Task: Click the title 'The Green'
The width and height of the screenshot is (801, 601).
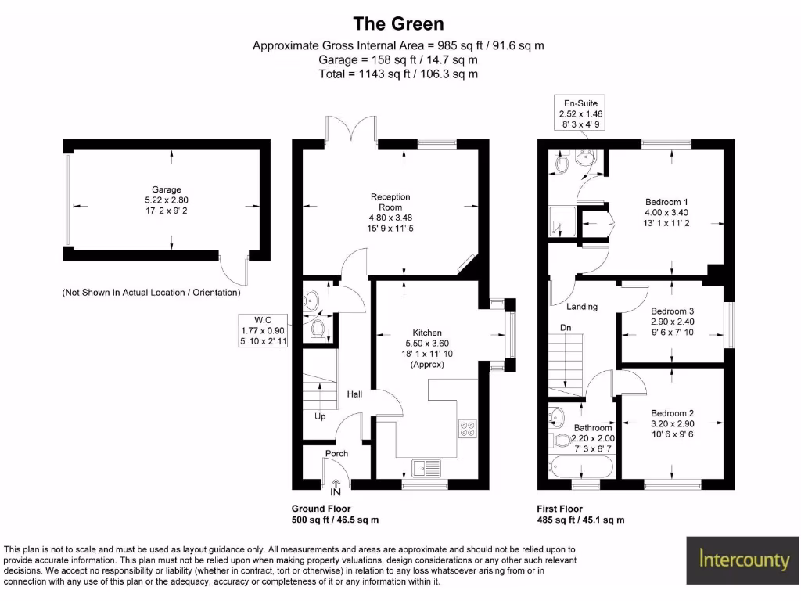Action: click(x=398, y=24)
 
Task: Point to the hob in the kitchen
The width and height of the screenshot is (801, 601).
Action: click(x=467, y=427)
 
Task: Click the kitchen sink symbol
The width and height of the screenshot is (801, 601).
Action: click(x=426, y=467)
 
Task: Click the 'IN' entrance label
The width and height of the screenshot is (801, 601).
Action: click(x=336, y=493)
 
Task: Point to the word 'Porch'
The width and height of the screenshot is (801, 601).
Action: click(x=336, y=453)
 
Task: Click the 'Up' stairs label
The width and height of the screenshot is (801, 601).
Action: click(x=320, y=416)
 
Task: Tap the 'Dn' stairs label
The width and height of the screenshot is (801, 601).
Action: click(x=564, y=327)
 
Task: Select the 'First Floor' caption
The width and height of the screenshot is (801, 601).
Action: click(x=559, y=509)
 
